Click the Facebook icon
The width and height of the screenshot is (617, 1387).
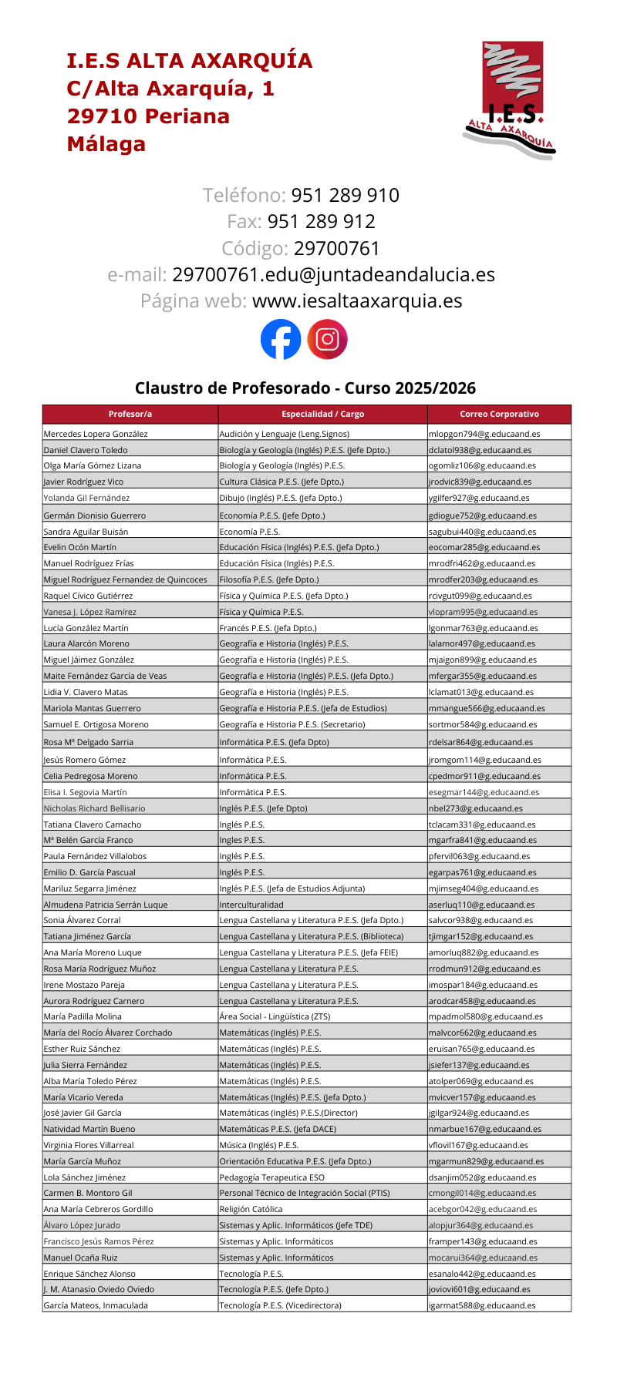[281, 339]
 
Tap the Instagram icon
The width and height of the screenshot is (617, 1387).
[328, 339]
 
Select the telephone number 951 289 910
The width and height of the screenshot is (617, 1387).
[345, 195]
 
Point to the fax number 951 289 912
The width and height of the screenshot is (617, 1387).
[321, 222]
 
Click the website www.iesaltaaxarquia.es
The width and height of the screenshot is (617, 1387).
[357, 301]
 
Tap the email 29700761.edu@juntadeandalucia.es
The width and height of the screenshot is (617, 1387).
[333, 274]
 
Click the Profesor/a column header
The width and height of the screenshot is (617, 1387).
[130, 414]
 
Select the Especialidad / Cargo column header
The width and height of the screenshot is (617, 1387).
[322, 414]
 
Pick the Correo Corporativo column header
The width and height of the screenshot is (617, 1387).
[499, 414]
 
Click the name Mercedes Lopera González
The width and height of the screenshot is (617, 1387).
[96, 434]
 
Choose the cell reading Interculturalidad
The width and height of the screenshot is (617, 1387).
[251, 905]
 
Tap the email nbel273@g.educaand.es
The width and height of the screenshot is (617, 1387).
[475, 808]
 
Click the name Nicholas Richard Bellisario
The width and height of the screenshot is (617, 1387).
[94, 808]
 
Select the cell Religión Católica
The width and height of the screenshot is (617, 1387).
[251, 1209]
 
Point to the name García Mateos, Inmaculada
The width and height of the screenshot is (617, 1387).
[96, 1305]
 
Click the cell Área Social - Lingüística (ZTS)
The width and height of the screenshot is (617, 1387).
[275, 1016]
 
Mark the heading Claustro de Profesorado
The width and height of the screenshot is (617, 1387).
[305, 388]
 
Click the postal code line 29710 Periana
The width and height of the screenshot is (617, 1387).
[148, 116]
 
